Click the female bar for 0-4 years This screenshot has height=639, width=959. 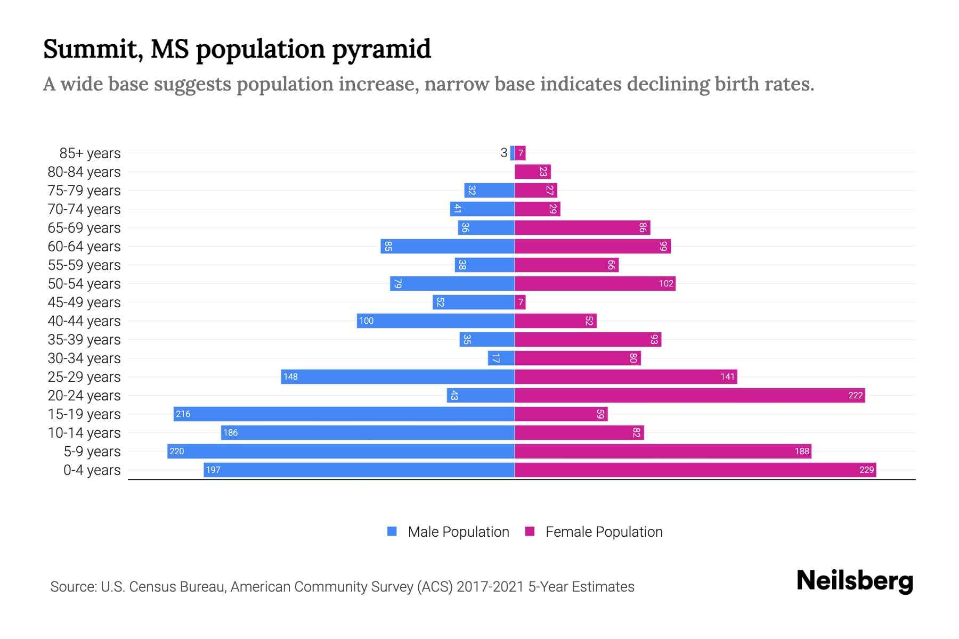[695, 470]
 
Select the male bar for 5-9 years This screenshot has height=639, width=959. [341, 451]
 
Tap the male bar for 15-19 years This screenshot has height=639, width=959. [344, 414]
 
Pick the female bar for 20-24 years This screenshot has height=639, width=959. [690, 395]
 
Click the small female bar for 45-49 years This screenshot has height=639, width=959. [521, 302]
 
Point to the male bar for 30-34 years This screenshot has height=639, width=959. [501, 358]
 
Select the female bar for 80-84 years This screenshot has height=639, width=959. [533, 171]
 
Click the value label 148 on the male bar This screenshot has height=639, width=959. [290, 376]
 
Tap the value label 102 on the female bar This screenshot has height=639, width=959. [666, 283]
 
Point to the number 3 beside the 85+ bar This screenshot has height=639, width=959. [503, 153]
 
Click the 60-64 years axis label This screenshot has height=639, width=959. [84, 247]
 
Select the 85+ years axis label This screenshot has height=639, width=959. [90, 153]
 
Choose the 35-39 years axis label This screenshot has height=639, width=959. [84, 340]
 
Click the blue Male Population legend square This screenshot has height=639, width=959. [392, 531]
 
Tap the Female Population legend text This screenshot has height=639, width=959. [604, 531]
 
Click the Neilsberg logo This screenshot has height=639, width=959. [855, 581]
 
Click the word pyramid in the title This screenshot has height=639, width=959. [381, 50]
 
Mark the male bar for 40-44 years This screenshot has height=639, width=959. [436, 321]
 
